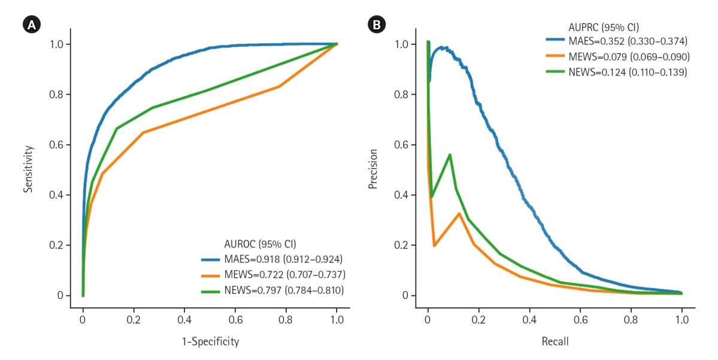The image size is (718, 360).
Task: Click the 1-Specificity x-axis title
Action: pos(210,342)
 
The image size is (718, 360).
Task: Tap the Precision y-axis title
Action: pos(372,170)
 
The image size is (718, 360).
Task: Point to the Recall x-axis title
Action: pos(555,342)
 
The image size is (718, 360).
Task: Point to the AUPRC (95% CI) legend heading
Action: pos(604,28)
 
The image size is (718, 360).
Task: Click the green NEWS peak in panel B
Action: pos(450,155)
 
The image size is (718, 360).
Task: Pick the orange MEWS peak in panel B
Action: pos(459,213)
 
